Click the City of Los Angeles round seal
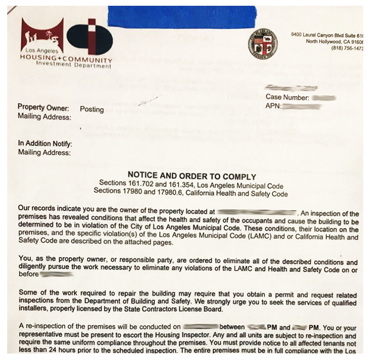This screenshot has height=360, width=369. [263, 44]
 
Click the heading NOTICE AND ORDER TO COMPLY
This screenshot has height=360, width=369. [192, 177]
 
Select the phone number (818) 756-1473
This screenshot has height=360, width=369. [348, 49]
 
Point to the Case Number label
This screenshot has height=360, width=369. [287, 98]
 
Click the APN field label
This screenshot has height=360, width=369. [273, 106]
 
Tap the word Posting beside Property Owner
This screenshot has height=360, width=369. [92, 110]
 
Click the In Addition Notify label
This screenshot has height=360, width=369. [45, 144]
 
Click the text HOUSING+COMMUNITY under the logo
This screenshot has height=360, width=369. [66, 59]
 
